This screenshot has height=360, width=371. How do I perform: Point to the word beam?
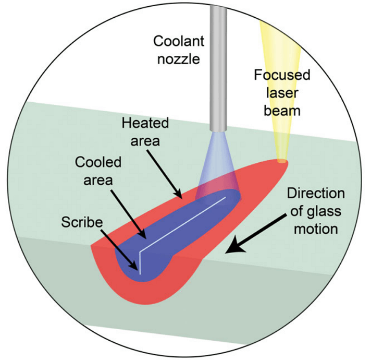tap(282, 111)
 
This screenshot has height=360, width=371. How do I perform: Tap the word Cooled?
tap(98, 162)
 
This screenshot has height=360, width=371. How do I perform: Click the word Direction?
tap(315, 194)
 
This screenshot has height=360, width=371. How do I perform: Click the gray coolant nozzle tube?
tap(217, 63)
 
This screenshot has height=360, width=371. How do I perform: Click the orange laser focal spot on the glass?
tap(281, 161)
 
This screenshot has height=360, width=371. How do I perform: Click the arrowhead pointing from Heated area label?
tap(180, 197)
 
